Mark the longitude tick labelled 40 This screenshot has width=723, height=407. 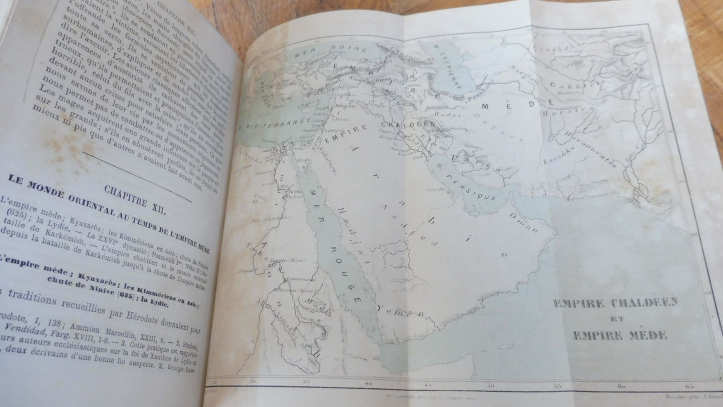pyautogui.click(x=369, y=384)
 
